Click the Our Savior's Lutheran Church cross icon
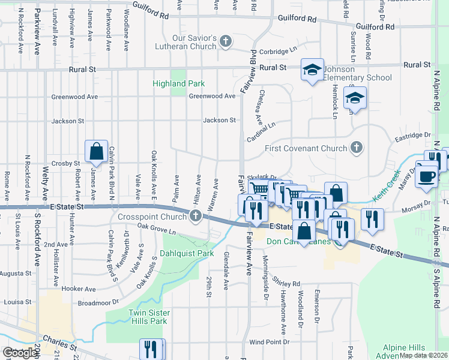226,41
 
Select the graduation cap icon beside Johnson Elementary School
312,70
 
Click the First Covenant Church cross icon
356,148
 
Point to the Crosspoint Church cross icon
195,216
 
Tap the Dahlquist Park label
188,254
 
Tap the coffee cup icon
427,176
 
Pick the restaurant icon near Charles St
151,349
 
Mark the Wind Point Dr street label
264,342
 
